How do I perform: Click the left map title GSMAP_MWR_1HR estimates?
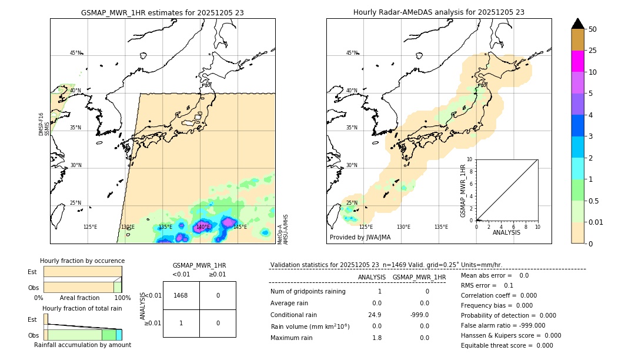point(162,12)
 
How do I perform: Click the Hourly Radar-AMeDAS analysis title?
point(439,12)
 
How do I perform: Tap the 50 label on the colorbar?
point(593,29)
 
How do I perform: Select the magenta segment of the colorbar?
point(578,61)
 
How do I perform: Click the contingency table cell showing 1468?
point(181,295)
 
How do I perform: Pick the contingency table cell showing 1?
point(181,323)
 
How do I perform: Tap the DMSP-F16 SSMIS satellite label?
point(44,124)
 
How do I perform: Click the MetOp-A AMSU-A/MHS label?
point(283,229)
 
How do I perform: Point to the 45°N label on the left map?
point(75,53)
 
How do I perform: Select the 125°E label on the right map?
point(366,227)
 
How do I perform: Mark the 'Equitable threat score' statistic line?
point(507,345)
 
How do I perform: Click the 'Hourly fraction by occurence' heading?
point(82,261)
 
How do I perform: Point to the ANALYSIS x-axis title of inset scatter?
point(507,233)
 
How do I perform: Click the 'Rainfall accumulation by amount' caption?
point(82,345)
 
